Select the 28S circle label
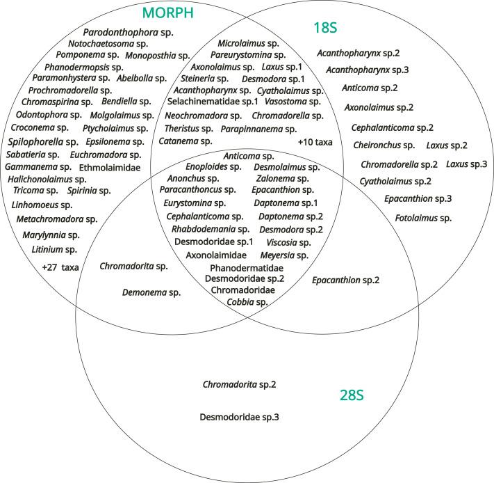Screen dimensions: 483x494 tap(352, 395)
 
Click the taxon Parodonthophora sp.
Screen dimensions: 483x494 tap(129, 32)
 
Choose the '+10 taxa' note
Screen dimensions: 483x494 tap(315, 142)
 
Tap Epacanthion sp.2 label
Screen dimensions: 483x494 tap(346, 280)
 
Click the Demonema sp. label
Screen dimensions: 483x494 tap(151, 293)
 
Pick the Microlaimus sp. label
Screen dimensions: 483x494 tap(248, 43)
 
